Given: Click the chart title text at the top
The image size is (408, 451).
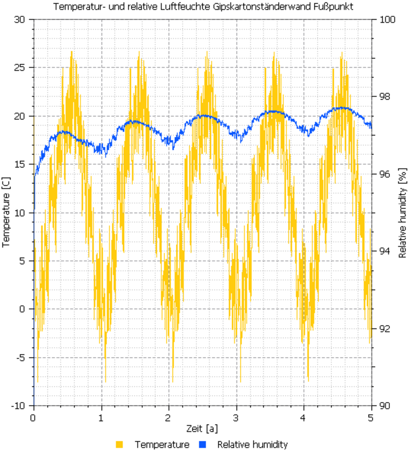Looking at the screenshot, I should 204,7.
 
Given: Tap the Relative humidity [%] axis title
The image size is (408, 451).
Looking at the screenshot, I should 402,212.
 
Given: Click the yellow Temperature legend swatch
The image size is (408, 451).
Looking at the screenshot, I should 119,444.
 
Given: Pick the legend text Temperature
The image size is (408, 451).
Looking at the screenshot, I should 162,444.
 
